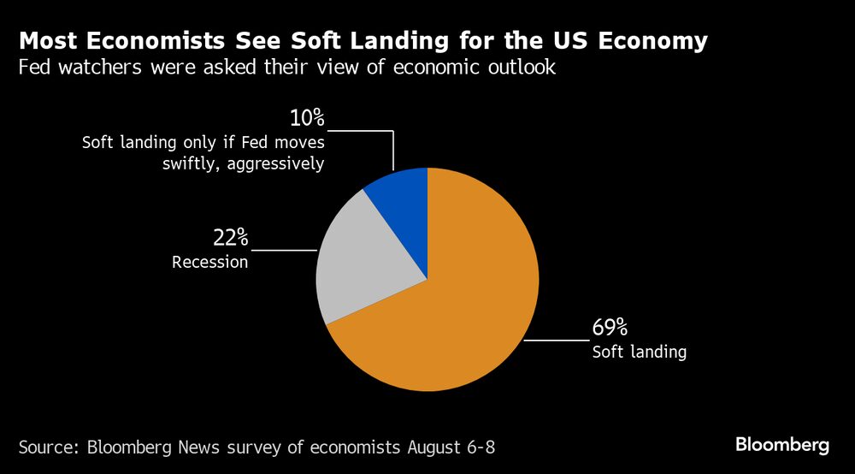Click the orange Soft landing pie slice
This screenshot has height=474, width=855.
pos(462,317)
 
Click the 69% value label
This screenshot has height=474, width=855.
pos(610,328)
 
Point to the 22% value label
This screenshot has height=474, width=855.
pos(230,239)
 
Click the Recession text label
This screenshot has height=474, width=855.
pos(210,263)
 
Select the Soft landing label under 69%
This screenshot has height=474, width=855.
pos(640,352)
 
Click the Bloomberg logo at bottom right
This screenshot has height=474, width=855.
pos(782,446)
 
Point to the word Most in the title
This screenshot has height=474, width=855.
pos(50,40)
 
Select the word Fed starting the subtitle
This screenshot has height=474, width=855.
pos(35,68)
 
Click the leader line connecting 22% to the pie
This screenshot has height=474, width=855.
pos(285,250)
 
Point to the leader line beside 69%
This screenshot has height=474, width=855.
pos(556,340)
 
